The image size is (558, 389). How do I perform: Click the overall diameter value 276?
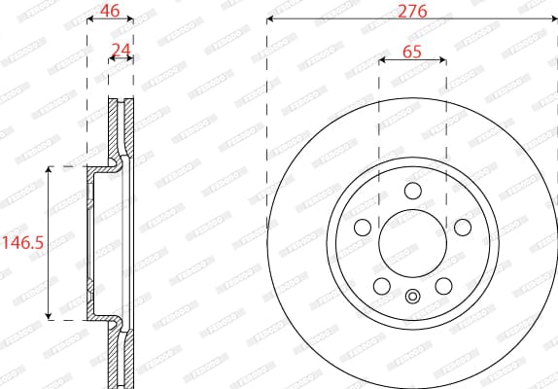click(x=411, y=11)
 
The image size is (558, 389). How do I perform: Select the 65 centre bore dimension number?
click(x=411, y=53)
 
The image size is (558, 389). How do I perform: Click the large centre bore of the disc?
click(x=411, y=242)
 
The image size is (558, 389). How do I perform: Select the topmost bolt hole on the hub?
click(x=411, y=191)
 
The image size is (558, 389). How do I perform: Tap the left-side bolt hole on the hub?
click(x=363, y=227)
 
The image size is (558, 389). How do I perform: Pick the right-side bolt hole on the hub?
click(x=461, y=227)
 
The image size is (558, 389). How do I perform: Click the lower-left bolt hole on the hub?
click(x=381, y=285)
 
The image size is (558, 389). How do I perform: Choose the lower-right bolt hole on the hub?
click(x=442, y=285)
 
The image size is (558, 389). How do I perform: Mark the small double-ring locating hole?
click(x=411, y=298)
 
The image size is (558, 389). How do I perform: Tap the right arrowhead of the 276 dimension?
click(x=553, y=18)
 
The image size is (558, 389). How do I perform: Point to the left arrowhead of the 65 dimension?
click(x=381, y=60)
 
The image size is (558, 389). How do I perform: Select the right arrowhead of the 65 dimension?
click(x=442, y=60)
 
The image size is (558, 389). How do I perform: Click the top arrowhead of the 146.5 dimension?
click(x=49, y=170)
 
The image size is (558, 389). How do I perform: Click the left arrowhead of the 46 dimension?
click(x=90, y=18)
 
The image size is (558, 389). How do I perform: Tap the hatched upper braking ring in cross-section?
click(x=121, y=126)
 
